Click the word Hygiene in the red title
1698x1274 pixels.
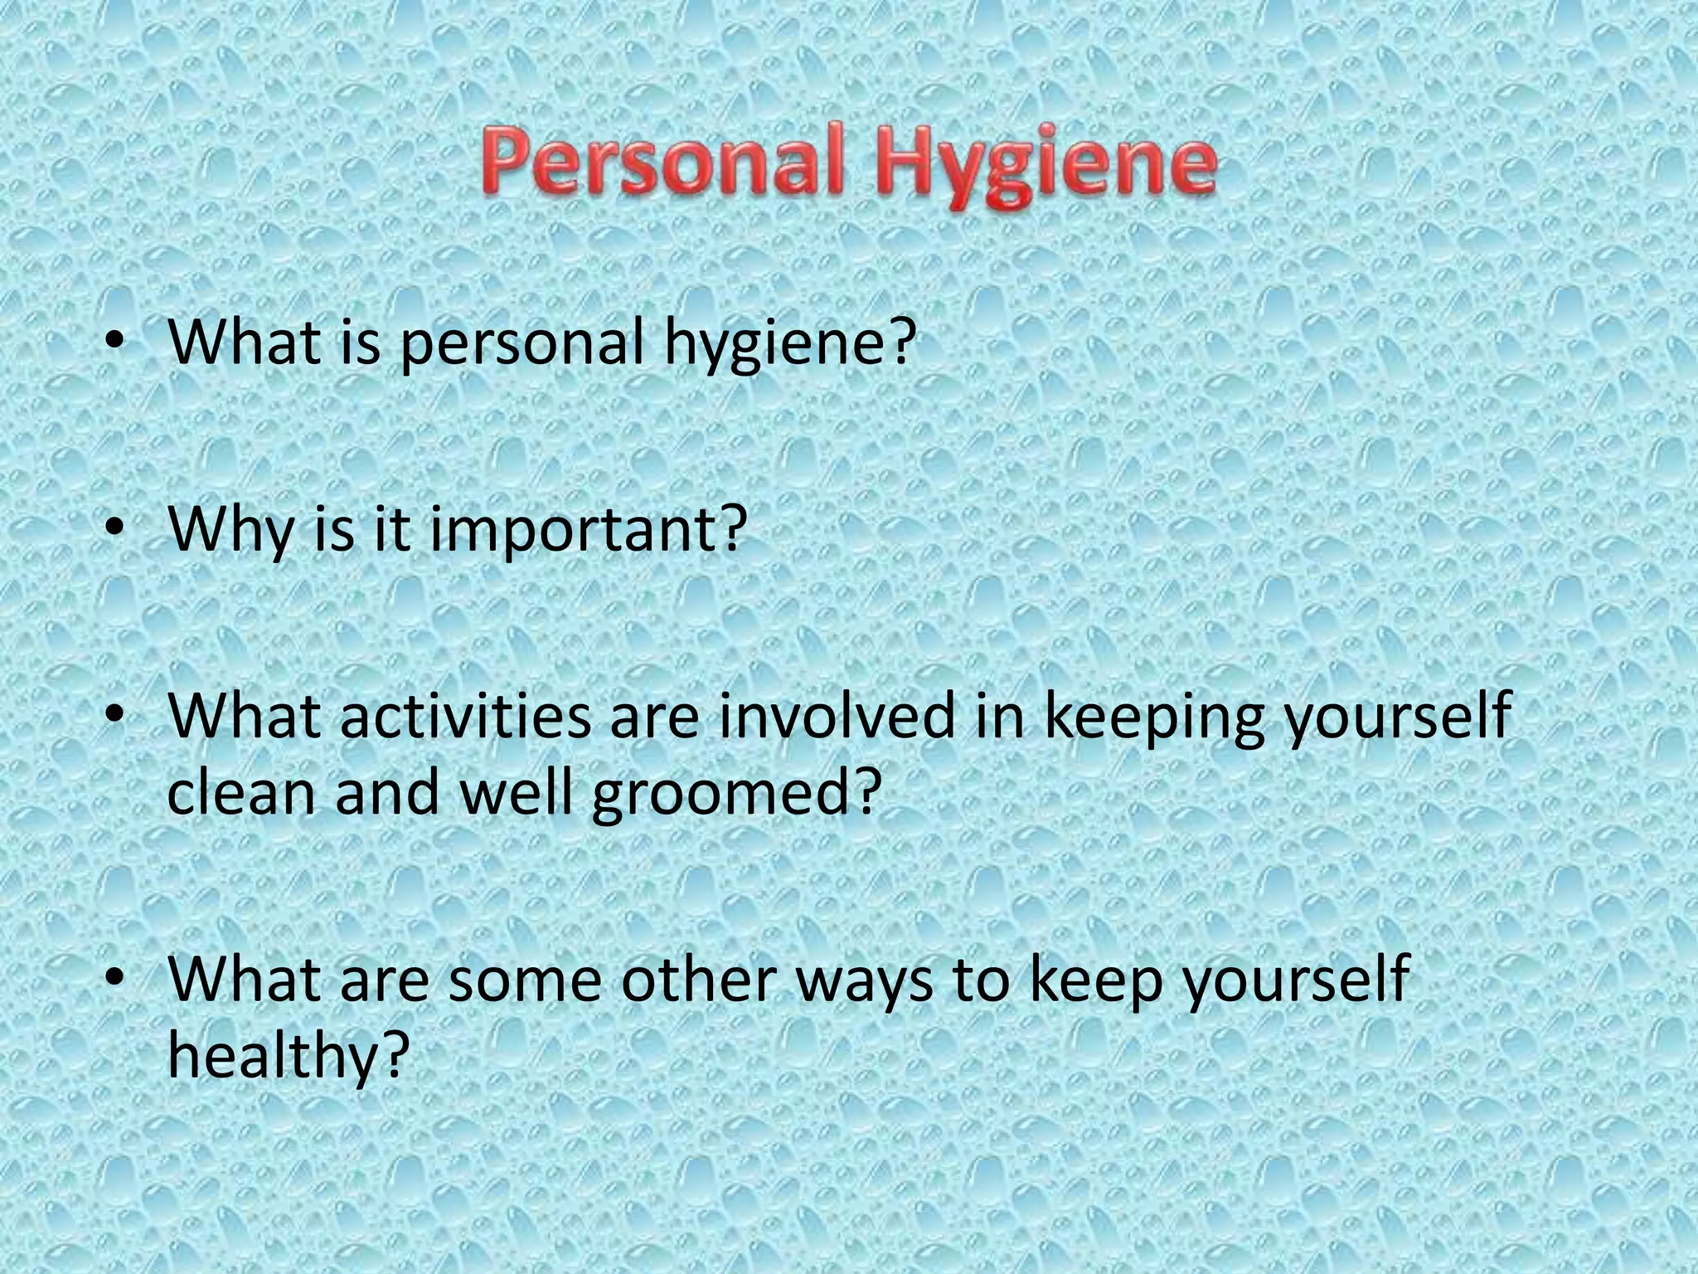[x=1043, y=170]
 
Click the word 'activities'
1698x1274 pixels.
[x=465, y=716]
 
